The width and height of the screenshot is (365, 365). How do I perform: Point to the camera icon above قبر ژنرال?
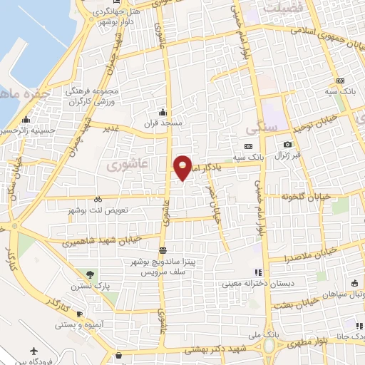(x=288, y=144)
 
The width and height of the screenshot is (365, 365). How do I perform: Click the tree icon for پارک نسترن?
(x=90, y=274)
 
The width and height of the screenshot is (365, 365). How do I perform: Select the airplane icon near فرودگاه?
(x=34, y=351)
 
